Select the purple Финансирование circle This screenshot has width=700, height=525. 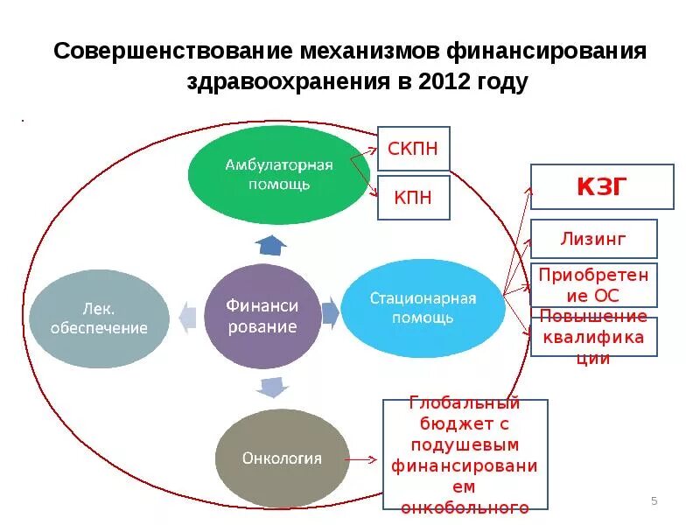pyautogui.click(x=262, y=316)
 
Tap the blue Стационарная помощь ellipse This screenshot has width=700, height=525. pyautogui.click(x=423, y=309)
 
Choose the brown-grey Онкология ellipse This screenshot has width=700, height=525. pyautogui.click(x=282, y=458)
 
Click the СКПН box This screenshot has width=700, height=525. pyautogui.click(x=413, y=148)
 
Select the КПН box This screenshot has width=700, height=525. pyautogui.click(x=413, y=198)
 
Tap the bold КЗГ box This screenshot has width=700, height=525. pyautogui.click(x=602, y=187)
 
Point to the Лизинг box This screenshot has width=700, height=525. pyautogui.click(x=593, y=239)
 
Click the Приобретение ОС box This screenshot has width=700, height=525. pyautogui.click(x=593, y=284)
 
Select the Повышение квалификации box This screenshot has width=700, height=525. pyautogui.click(x=593, y=337)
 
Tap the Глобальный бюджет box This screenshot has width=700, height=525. pyautogui.click(x=465, y=454)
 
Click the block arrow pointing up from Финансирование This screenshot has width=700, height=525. pyautogui.click(x=271, y=245)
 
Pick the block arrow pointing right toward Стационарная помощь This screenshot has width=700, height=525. pyautogui.click(x=330, y=312)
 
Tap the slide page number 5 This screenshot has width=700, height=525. pyautogui.click(x=654, y=500)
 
